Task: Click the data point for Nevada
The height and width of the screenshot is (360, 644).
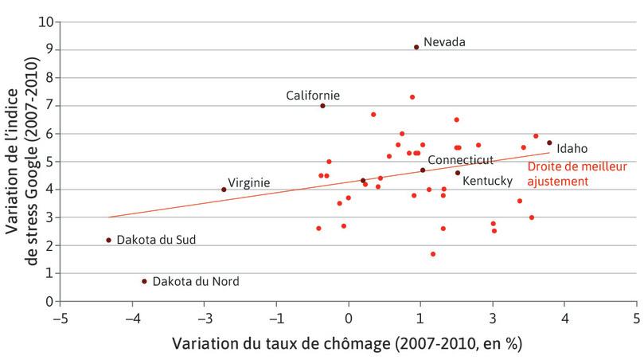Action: click(x=416, y=47)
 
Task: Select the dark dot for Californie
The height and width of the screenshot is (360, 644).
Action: click(x=322, y=106)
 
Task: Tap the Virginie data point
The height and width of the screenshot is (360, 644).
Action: click(x=224, y=190)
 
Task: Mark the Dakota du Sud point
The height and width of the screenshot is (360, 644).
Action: click(x=108, y=240)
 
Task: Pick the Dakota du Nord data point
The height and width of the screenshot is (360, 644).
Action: click(x=144, y=281)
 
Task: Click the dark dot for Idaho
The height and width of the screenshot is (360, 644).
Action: click(x=549, y=143)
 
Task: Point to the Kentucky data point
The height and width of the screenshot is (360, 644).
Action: click(x=458, y=173)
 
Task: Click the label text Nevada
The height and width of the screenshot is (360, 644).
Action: click(x=444, y=41)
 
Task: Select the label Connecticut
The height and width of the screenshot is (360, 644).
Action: click(x=461, y=160)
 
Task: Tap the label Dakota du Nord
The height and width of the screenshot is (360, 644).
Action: click(x=195, y=281)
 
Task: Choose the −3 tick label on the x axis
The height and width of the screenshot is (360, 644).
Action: click(x=204, y=318)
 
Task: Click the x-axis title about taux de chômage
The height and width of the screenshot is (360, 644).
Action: click(x=346, y=344)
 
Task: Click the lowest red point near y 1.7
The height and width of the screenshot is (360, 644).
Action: click(x=433, y=254)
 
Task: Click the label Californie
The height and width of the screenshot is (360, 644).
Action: click(x=313, y=96)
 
